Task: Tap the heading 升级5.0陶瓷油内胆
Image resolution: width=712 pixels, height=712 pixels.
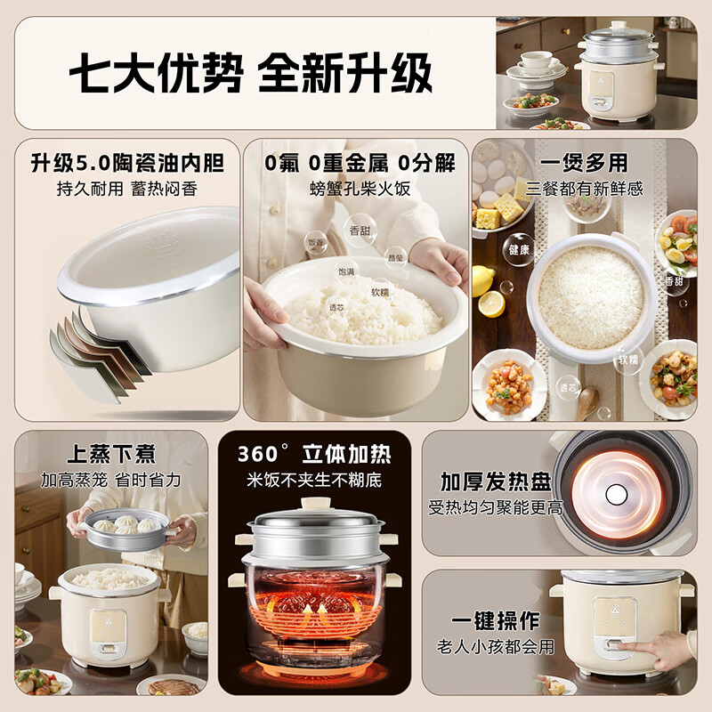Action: pyautogui.click(x=127, y=164)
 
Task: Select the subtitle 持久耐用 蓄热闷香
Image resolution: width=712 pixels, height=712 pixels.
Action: pyautogui.click(x=127, y=189)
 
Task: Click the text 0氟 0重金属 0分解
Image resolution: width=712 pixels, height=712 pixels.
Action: pyautogui.click(x=360, y=164)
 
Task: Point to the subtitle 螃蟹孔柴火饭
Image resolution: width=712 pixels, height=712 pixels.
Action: pyautogui.click(x=360, y=189)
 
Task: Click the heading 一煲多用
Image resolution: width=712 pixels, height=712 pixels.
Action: pyautogui.click(x=583, y=164)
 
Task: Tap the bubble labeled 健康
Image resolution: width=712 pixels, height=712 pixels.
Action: pyautogui.click(x=520, y=250)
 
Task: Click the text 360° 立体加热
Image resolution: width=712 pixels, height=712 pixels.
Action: pyautogui.click(x=313, y=454)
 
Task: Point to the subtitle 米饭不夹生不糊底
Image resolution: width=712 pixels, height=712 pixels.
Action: pyautogui.click(x=313, y=480)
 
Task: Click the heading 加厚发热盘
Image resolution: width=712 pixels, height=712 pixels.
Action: pyautogui.click(x=496, y=481)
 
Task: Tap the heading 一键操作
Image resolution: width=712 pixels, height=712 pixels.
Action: pyautogui.click(x=496, y=621)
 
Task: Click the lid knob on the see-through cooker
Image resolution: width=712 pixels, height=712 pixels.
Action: pyautogui.click(x=314, y=504)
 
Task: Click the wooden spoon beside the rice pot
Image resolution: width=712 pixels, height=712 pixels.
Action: pyautogui.click(x=586, y=402)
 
